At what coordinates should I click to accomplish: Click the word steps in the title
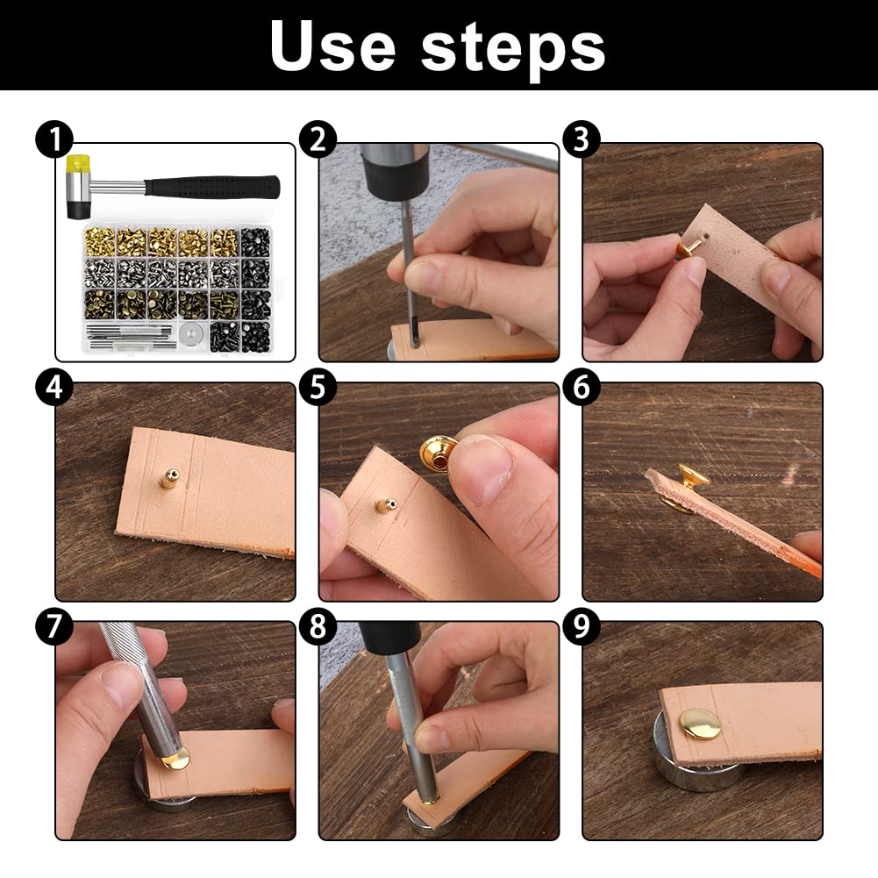[513, 46]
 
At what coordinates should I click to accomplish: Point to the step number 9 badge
[581, 627]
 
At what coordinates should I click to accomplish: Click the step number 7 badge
[54, 627]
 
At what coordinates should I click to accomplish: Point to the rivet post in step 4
[169, 479]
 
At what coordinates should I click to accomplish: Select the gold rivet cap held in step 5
[439, 453]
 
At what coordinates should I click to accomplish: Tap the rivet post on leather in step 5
[386, 504]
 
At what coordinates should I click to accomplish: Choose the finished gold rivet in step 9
[699, 723]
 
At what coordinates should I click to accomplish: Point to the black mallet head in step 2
[394, 167]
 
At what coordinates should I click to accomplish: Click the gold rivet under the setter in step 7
[175, 758]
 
